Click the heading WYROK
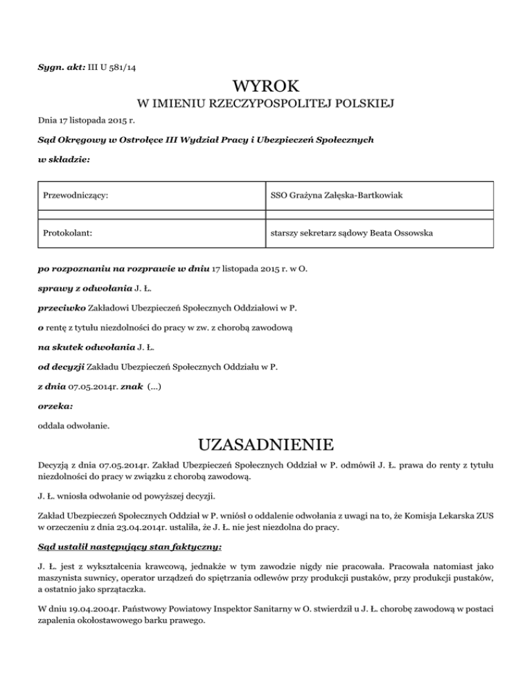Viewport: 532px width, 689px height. (266, 87)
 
